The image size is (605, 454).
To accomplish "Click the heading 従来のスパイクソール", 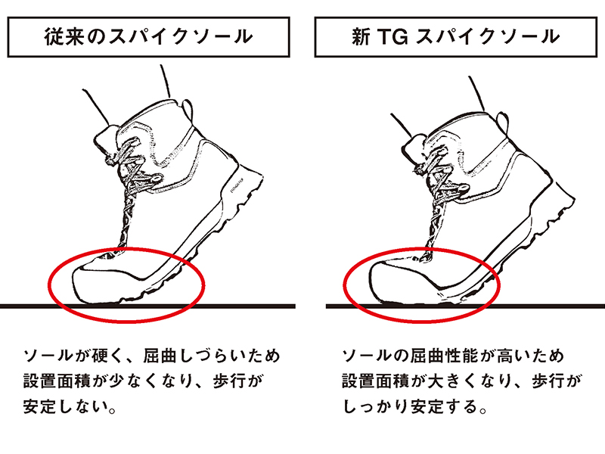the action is tap(148, 37).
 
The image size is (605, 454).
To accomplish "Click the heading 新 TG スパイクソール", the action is tap(456, 37).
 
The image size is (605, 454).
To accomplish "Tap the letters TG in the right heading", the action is tap(392, 37).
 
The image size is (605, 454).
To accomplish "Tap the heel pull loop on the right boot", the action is tap(502, 122).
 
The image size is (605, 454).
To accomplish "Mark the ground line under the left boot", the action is tap(147, 306).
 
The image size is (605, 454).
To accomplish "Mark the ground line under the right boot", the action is tap(465, 306).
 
